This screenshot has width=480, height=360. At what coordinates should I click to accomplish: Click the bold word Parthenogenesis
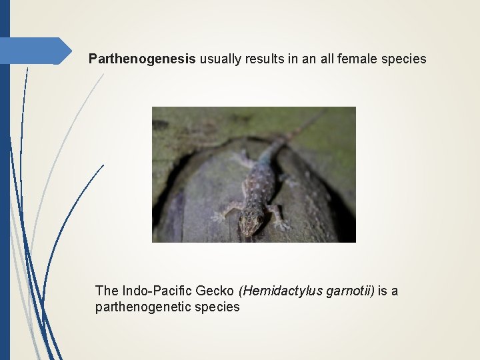142,59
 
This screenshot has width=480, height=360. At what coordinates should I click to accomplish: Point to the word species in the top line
405,59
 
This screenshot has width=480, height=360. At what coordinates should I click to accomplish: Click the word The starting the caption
107,291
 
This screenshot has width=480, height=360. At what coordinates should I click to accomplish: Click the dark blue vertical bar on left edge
5,200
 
